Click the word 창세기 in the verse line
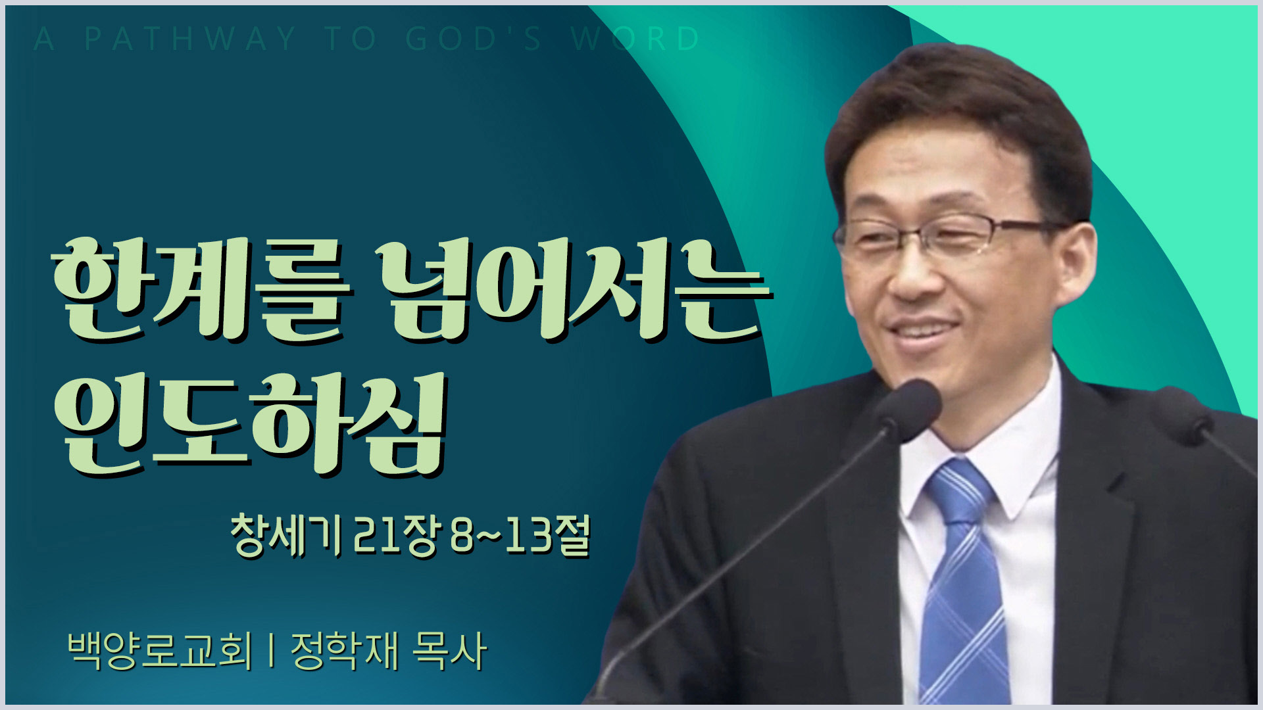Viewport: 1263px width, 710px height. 287,535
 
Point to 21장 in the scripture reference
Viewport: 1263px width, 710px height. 395,535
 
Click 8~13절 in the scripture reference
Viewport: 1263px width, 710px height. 520,535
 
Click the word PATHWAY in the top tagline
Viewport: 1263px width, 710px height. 191,39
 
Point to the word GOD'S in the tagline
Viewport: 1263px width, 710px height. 474,39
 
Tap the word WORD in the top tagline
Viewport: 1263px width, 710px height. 635,39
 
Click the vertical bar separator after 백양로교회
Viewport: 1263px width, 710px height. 272,651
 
